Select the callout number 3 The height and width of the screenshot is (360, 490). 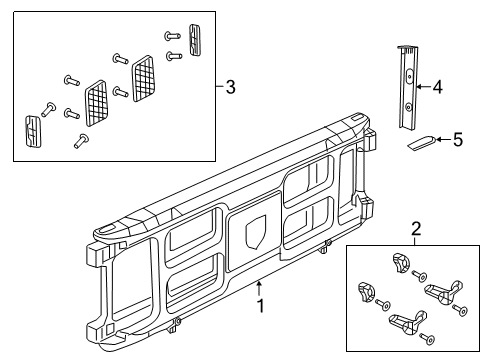click(x=231, y=89)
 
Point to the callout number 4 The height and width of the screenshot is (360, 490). click(x=436, y=87)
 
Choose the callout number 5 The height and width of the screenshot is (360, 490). click(x=458, y=140)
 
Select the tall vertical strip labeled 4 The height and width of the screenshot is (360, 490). click(x=407, y=88)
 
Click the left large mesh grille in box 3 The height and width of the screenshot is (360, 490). click(x=98, y=101)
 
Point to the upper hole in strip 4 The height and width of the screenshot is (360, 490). click(x=410, y=75)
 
